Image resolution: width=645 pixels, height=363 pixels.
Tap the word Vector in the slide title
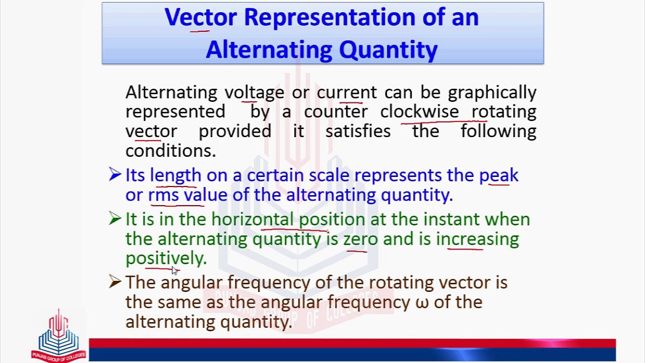(200, 18)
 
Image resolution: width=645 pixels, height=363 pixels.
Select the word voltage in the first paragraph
(254, 92)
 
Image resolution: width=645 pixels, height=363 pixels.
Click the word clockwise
(419, 112)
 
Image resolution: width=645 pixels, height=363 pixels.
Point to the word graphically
(492, 92)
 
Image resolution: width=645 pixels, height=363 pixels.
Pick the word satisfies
(358, 132)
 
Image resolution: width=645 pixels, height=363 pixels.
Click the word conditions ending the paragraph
(170, 151)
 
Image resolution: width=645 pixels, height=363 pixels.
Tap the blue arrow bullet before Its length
(115, 175)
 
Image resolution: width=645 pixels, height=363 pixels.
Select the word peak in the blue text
(498, 175)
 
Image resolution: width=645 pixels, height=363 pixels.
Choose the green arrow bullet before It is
(115, 219)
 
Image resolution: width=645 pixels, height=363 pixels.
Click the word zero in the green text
(360, 239)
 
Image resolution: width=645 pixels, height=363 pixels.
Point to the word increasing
(477, 239)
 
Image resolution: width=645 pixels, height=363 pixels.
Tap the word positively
(166, 258)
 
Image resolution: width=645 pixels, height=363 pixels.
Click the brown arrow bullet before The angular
(115, 282)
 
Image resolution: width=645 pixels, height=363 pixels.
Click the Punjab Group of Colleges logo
(58, 335)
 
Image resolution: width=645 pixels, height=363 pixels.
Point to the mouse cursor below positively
(174, 271)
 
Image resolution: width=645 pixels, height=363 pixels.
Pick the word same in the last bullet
(180, 302)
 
